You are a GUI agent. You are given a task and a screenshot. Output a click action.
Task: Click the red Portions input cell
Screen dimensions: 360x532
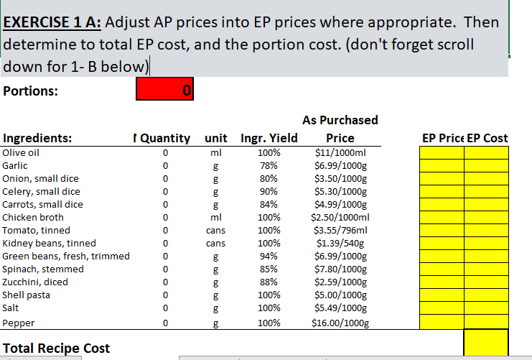point(164,91)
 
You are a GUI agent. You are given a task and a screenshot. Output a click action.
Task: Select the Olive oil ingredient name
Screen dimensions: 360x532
point(21,152)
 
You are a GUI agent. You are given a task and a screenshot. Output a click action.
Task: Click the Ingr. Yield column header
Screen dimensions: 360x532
point(269,138)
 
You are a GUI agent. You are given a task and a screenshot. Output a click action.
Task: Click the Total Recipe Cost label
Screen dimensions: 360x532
point(57,349)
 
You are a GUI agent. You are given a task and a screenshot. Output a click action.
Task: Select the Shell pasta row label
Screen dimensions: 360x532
point(27,295)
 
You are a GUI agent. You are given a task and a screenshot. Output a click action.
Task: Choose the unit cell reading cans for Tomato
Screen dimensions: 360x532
point(215,230)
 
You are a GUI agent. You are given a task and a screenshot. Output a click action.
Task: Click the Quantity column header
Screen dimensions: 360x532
point(165,138)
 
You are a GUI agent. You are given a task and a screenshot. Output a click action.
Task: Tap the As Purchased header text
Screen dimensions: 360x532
point(340,120)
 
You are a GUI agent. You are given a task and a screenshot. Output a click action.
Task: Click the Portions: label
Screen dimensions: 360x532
point(31,91)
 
